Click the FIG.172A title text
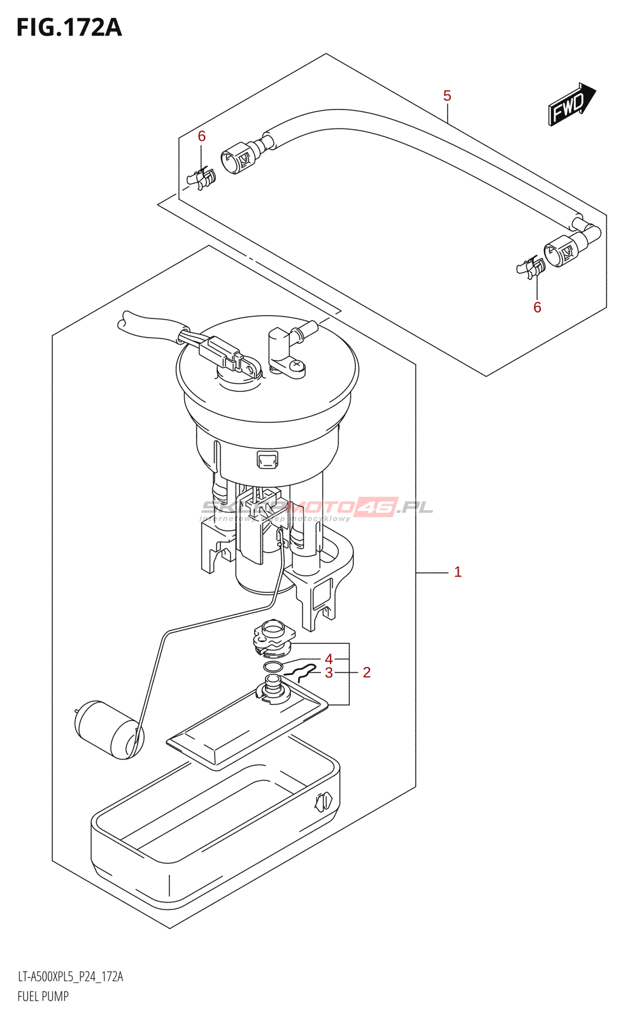[69, 27]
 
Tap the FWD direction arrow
[571, 104]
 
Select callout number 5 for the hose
[447, 96]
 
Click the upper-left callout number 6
[202, 136]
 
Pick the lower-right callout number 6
[537, 308]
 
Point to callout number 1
[457, 572]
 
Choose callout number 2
[366, 673]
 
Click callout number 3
[329, 673]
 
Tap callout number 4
[329, 659]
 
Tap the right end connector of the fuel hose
[564, 250]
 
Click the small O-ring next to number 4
[273, 667]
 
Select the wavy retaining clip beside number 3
[299, 671]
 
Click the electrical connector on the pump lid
[220, 351]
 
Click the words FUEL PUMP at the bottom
[43, 996]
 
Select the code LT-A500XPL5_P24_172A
[70, 977]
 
